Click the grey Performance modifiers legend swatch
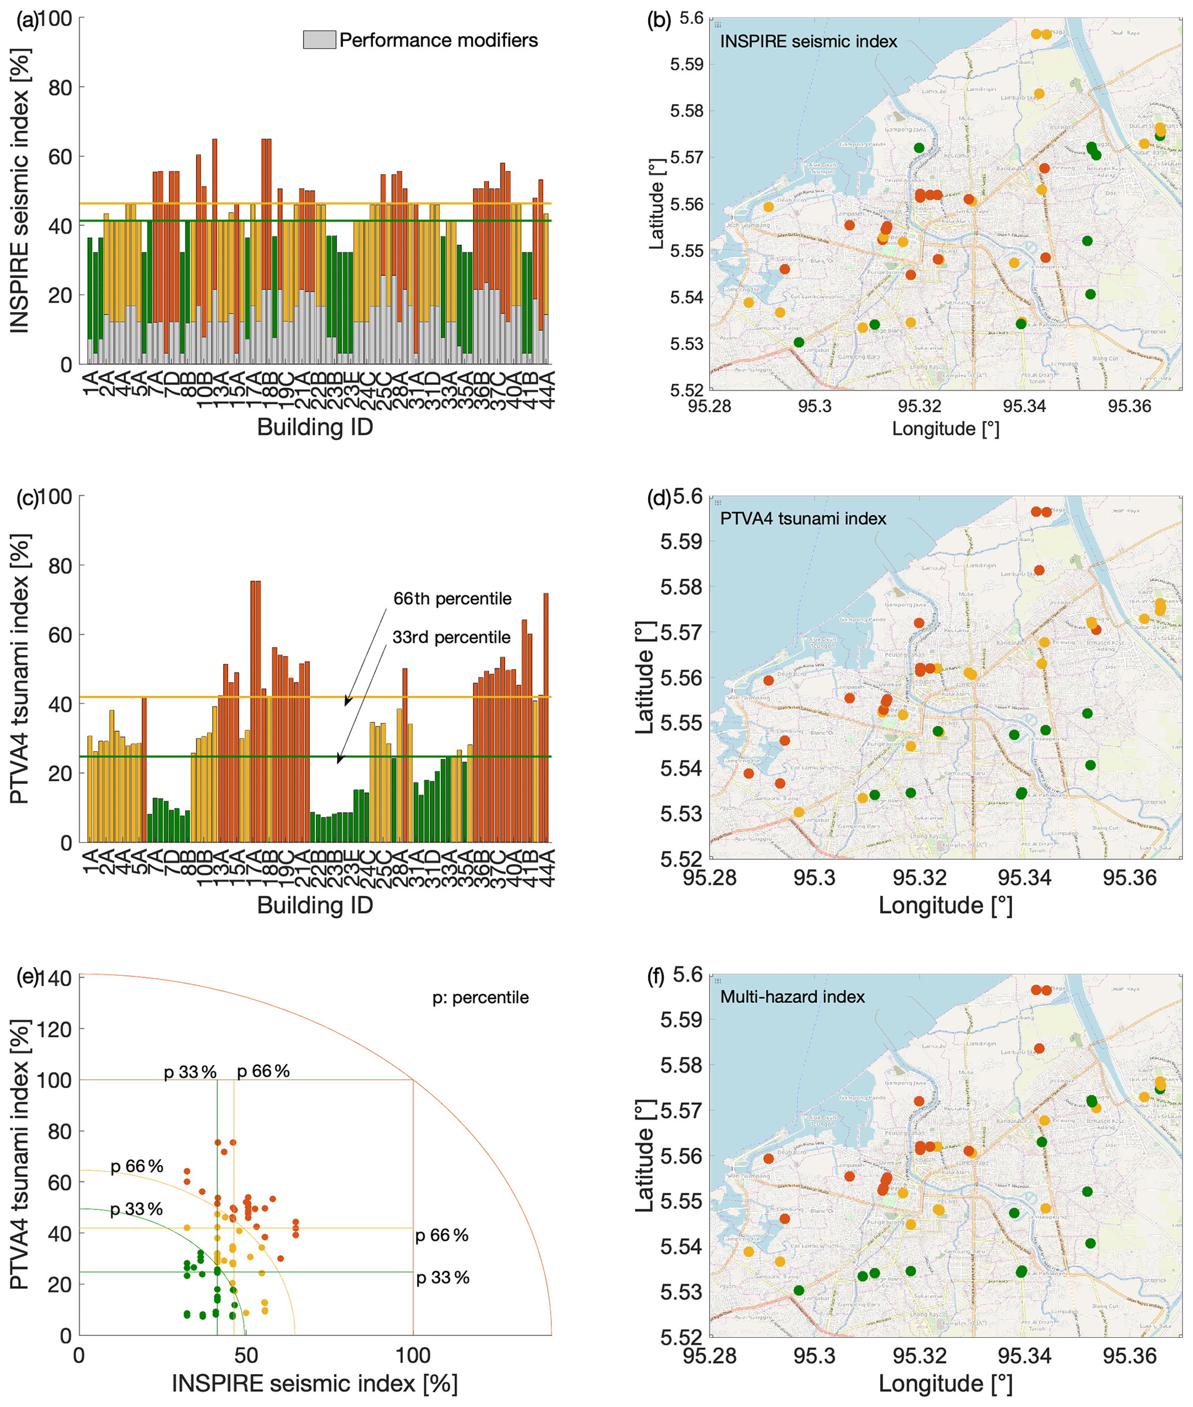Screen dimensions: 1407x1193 (x=319, y=40)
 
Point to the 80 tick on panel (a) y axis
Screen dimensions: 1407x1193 (x=60, y=88)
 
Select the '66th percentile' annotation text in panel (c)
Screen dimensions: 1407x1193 (x=452, y=599)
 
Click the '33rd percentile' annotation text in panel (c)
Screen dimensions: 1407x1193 (x=451, y=638)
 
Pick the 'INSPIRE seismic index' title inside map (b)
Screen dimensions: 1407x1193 (x=808, y=42)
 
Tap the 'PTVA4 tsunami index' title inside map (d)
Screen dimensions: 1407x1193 (x=803, y=519)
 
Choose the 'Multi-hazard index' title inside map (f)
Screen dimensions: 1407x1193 (x=792, y=997)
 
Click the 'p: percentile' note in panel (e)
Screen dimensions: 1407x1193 (x=480, y=997)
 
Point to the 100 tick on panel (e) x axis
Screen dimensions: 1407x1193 (x=413, y=1356)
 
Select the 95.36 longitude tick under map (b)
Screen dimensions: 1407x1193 (x=1129, y=406)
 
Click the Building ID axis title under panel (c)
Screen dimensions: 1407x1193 (x=315, y=905)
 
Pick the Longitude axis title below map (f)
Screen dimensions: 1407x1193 (x=945, y=1383)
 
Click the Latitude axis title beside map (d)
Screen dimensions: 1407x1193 (x=645, y=678)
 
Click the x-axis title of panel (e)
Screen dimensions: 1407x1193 (x=315, y=1383)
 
